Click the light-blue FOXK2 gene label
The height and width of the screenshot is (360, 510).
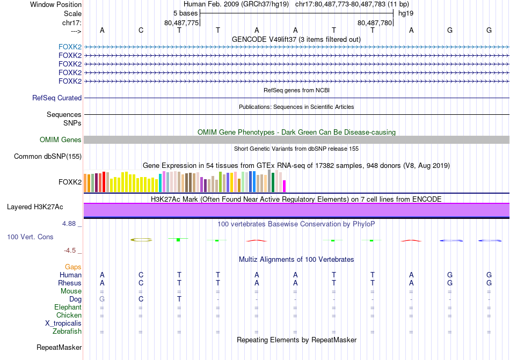coord(70,47)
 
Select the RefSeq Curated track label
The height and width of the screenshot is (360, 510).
coord(57,98)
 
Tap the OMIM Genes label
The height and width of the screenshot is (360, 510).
coord(61,140)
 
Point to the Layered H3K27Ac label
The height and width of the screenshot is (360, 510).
coord(35,207)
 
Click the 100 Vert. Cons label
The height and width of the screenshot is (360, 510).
coord(30,237)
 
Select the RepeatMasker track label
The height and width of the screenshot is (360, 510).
coord(59,348)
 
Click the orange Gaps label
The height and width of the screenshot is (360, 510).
coord(73,267)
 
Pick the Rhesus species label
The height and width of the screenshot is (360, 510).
coord(70,283)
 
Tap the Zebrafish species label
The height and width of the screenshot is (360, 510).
coord(67,332)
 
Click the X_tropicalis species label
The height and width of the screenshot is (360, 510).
coord(63,324)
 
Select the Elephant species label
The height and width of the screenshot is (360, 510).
coord(68,307)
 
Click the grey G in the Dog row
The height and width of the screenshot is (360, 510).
coord(102,299)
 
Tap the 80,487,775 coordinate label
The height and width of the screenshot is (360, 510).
coord(181,23)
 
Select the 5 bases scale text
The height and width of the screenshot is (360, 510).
coord(185,13)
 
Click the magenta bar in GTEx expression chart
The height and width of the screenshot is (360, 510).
coord(284,186)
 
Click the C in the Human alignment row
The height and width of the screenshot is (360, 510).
coord(141,275)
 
